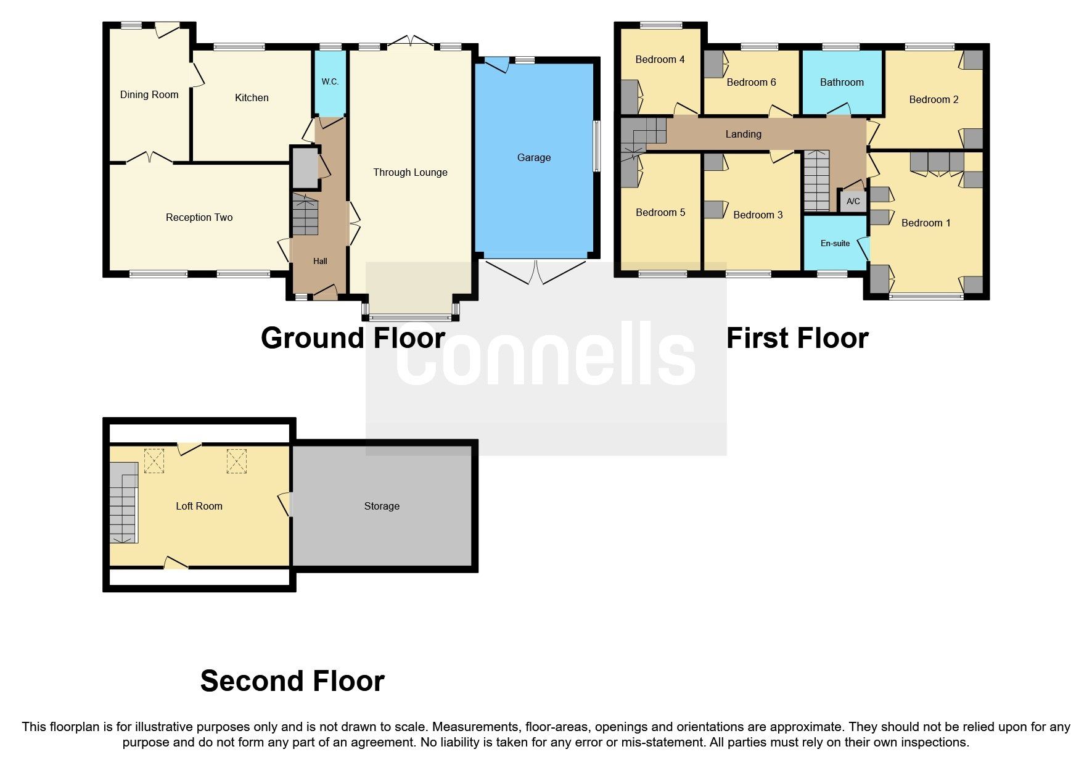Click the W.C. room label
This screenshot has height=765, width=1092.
(330, 82)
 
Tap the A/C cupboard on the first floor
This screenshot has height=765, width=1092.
(853, 202)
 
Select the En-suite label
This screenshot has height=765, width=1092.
(835, 244)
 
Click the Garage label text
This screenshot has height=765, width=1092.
(533, 158)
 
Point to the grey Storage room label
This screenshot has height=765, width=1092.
(382, 507)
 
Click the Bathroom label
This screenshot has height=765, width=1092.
(841, 83)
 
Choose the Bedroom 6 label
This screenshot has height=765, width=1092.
(751, 83)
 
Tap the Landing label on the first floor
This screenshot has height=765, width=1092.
(743, 134)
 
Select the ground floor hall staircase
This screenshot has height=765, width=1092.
(305, 215)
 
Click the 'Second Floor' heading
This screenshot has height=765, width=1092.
(292, 681)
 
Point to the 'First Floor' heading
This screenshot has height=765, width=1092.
(797, 338)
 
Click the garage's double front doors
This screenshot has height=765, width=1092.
(535, 272)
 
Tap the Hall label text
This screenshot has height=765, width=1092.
(320, 262)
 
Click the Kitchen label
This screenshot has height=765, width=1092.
(252, 98)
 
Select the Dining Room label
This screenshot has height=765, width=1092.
(149, 95)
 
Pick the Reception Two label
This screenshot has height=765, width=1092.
(199, 218)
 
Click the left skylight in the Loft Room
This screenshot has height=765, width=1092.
(154, 460)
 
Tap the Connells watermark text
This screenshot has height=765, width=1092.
(546, 355)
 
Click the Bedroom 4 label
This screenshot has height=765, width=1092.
(660, 60)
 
